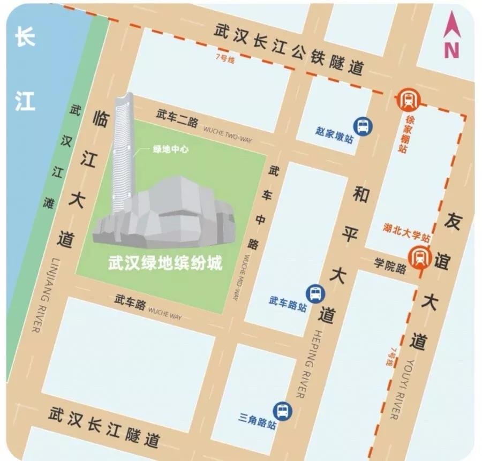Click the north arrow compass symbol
click(451, 36)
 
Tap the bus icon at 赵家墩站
click(363, 126)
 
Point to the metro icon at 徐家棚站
click(409, 100)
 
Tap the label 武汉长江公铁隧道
click(289, 49)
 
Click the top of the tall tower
click(127, 96)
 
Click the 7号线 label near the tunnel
click(224, 59)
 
